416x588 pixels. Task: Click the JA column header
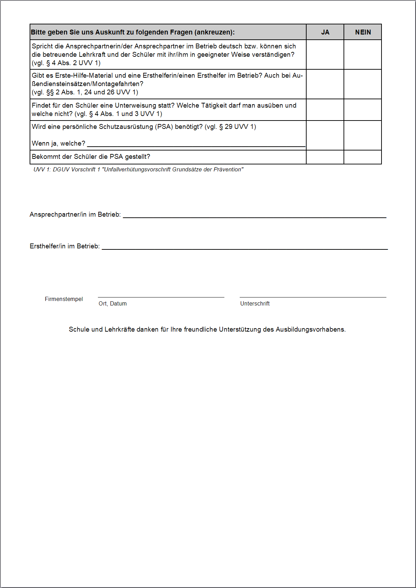[325, 32]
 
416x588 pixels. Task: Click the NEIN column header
[363, 32]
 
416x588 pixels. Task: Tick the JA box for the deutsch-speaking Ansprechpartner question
[325, 55]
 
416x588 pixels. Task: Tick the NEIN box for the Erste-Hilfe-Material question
[363, 84]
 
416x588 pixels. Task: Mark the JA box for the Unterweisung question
[325, 110]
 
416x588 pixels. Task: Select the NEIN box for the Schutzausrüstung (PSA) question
[363, 135]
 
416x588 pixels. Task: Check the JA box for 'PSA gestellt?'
[325, 157]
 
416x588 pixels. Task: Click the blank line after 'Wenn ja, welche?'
[196, 146]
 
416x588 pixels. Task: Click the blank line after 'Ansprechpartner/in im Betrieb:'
[254, 217]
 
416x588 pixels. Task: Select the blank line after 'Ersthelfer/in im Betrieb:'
[245, 248]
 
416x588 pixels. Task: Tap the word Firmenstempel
[64, 299]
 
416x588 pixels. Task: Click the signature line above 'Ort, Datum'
[161, 297]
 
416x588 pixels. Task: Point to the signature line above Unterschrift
[313, 297]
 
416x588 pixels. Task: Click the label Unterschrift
[255, 304]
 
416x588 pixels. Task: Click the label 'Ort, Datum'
[113, 304]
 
